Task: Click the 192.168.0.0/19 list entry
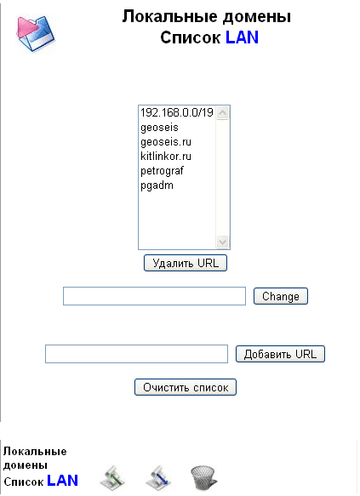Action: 177,112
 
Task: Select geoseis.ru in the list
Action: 166,142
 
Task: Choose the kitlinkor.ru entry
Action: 166,157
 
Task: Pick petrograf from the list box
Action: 162,171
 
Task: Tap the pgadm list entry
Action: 157,185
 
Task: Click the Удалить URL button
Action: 186,263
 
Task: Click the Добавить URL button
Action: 280,354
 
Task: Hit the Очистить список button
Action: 186,387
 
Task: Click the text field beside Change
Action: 154,296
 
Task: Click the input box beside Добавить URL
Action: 137,354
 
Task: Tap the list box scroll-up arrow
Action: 223,113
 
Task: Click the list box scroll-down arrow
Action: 223,242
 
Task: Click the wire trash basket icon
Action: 203,477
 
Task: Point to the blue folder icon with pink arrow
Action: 36,33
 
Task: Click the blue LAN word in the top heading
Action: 242,37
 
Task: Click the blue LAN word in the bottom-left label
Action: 63,481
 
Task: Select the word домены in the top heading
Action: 257,17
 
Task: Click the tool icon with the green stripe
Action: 112,477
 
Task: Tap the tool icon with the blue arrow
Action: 158,477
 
